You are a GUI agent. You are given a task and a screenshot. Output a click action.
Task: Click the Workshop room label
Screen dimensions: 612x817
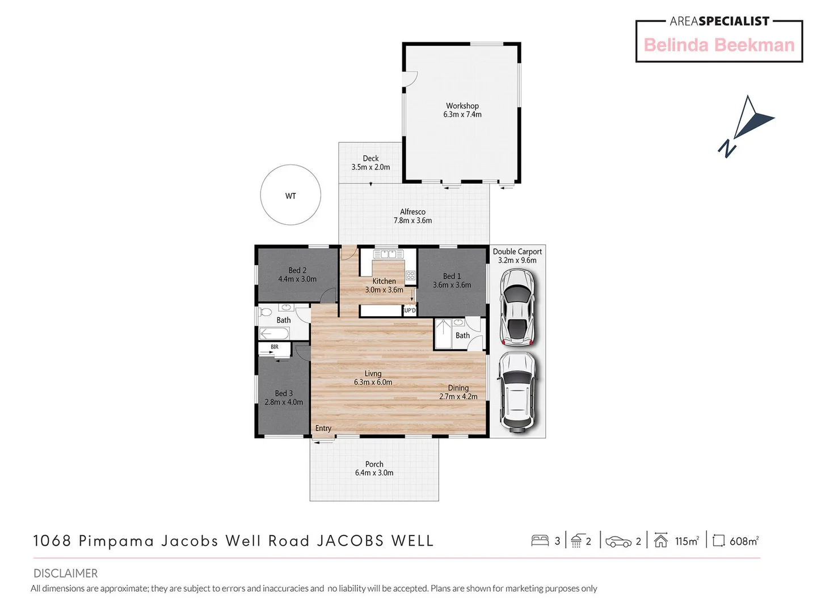tap(462, 106)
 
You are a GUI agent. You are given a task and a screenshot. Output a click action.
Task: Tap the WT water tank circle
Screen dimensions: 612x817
tap(290, 195)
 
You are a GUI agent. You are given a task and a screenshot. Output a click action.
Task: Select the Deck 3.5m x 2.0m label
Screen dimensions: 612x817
tap(370, 163)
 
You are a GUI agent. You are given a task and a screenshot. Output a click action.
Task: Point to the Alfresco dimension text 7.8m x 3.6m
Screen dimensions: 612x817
tap(412, 220)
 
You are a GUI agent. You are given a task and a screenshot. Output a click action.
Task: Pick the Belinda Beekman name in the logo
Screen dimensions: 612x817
tap(719, 45)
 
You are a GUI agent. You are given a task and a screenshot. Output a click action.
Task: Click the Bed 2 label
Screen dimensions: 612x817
tap(297, 270)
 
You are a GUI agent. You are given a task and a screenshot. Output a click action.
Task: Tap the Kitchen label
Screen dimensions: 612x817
tap(384, 281)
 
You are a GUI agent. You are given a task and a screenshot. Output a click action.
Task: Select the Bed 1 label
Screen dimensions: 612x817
tap(452, 276)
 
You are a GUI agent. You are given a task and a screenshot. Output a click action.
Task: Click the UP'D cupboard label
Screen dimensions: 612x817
tap(410, 311)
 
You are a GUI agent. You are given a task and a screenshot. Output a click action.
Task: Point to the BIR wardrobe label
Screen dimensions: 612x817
tap(275, 347)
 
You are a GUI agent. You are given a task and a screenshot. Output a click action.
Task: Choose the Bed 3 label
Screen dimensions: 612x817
tap(284, 393)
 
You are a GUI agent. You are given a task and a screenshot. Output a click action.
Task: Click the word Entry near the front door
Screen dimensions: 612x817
tap(323, 428)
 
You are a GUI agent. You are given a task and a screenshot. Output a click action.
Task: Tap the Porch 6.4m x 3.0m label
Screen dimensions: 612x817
tap(374, 468)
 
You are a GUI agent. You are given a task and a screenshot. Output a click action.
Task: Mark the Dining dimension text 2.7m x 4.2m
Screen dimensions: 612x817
tap(458, 397)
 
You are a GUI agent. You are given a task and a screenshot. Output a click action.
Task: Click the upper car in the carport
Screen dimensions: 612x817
tap(517, 307)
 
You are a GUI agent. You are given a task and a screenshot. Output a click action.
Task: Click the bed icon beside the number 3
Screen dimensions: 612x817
tap(540, 541)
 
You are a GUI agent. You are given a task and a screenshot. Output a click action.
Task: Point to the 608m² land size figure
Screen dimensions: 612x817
tap(743, 541)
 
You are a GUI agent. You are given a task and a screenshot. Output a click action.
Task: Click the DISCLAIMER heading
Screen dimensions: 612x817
tap(65, 573)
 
